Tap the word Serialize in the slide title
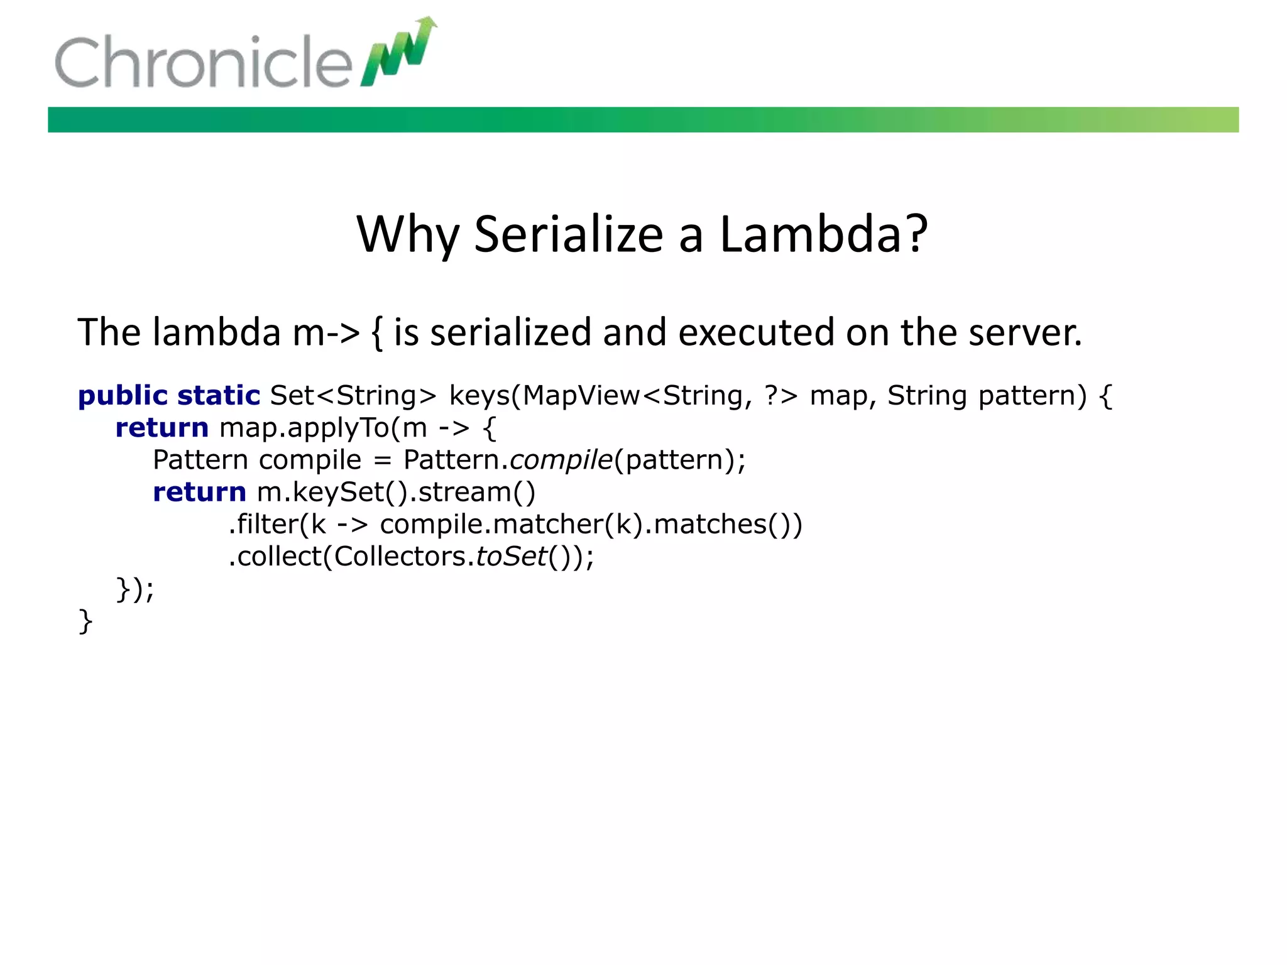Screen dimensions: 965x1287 tap(568, 234)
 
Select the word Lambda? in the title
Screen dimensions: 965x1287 tap(823, 234)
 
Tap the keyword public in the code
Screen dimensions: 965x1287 tap(123, 396)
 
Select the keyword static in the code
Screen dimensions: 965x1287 tap(218, 396)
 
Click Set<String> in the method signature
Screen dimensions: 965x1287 tap(353, 396)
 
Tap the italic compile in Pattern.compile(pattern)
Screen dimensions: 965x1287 tap(561, 461)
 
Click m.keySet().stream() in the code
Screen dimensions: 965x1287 tap(396, 493)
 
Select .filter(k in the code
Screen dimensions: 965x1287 tap(277, 525)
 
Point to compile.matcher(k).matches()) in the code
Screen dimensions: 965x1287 tap(591, 525)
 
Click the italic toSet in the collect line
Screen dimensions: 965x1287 tap(512, 557)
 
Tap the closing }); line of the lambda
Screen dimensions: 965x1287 tap(135, 590)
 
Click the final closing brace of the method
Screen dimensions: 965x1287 tap(85, 622)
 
